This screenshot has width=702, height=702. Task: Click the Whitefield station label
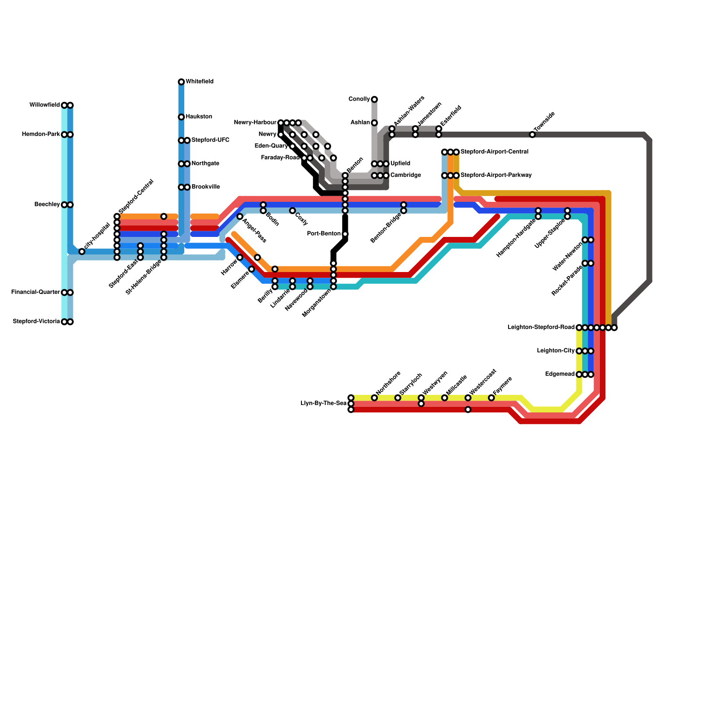(200, 82)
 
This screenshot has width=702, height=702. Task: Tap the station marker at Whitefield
(181, 82)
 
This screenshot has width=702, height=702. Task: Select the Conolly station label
(359, 99)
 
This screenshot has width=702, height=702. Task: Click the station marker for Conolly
(374, 100)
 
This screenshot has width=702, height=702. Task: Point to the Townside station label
(544, 122)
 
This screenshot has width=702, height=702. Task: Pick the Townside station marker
(532, 135)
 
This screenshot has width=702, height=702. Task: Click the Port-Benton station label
(324, 234)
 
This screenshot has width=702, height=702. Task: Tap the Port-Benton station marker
(345, 234)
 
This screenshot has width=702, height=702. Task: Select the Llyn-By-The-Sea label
(324, 403)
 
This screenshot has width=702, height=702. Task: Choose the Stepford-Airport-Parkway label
(496, 175)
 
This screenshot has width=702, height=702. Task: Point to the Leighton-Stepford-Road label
(541, 327)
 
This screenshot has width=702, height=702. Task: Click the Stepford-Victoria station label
(36, 322)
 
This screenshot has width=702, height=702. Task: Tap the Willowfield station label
(44, 105)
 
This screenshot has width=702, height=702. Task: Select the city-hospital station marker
(82, 251)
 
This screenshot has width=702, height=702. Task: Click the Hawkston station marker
(181, 117)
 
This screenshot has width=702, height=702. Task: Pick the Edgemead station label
(560, 374)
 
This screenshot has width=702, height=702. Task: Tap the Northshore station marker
(374, 398)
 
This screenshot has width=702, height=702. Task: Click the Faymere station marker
(491, 398)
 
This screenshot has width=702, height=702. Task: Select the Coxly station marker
(292, 211)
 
